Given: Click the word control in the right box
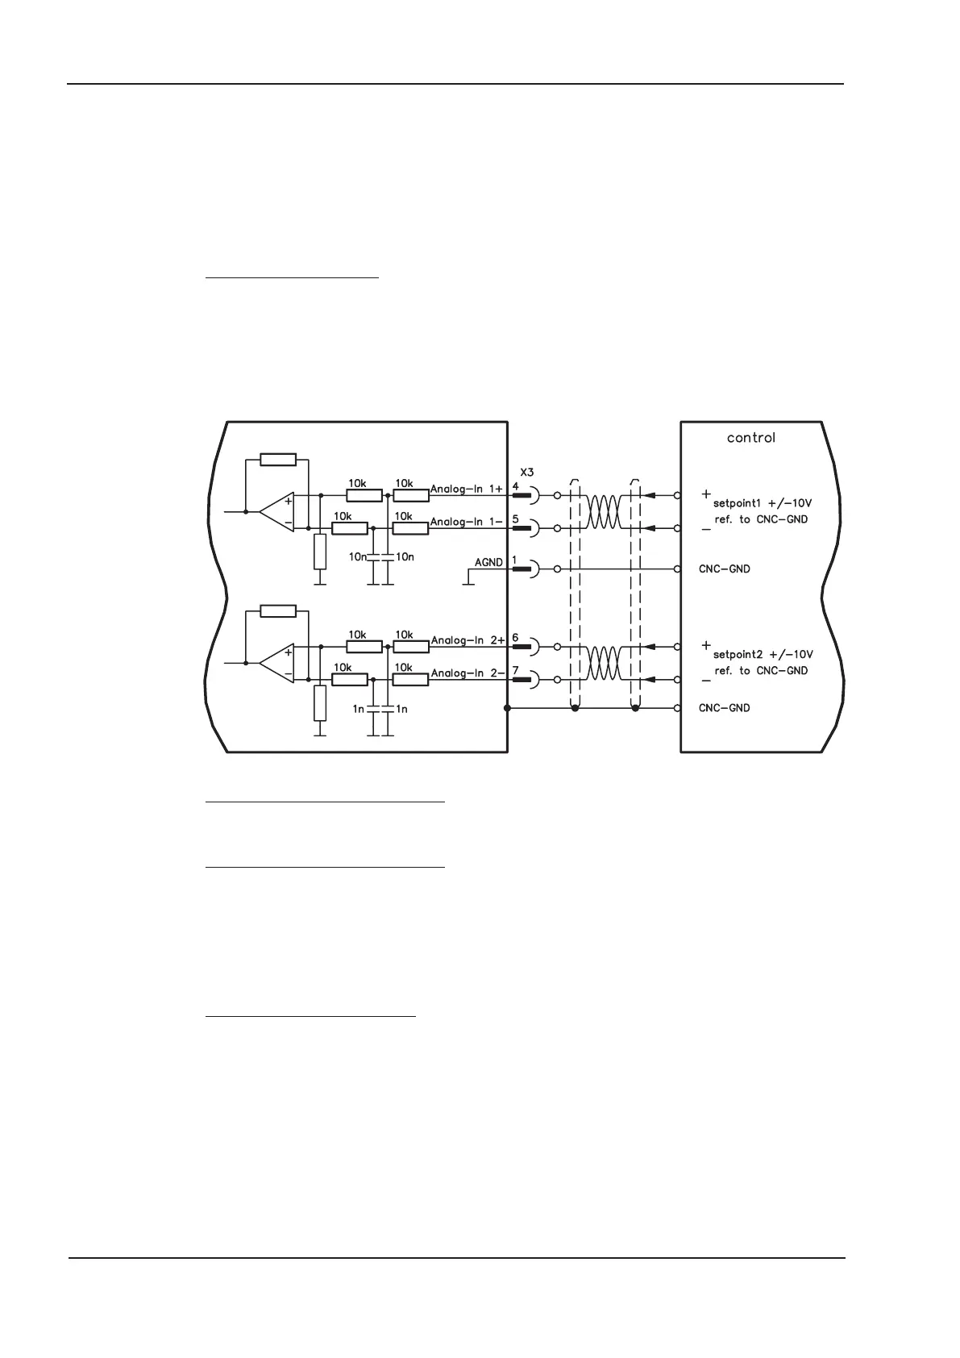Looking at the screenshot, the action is point(750,438).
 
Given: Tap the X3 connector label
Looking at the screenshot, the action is point(526,472).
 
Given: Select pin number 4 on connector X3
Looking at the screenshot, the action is point(516,485).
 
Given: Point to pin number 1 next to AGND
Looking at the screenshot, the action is point(514,560).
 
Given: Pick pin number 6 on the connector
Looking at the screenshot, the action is point(516,637).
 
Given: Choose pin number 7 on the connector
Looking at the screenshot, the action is point(516,670).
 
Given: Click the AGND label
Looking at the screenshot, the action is point(488,562).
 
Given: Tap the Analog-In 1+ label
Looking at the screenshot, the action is point(467,489).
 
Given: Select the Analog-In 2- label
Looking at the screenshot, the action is point(468,673).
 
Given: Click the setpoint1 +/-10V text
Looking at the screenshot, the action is point(763,503).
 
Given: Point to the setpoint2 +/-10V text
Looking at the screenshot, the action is point(763,654).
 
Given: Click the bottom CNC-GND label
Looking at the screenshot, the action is point(724,708).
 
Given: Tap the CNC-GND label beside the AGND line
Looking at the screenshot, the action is point(724,569).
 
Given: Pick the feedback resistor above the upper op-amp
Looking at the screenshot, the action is point(278,460).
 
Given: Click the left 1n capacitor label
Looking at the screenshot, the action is point(359,709).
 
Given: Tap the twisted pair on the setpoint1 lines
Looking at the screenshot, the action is point(604,511).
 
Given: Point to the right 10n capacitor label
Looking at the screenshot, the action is point(405,557).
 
